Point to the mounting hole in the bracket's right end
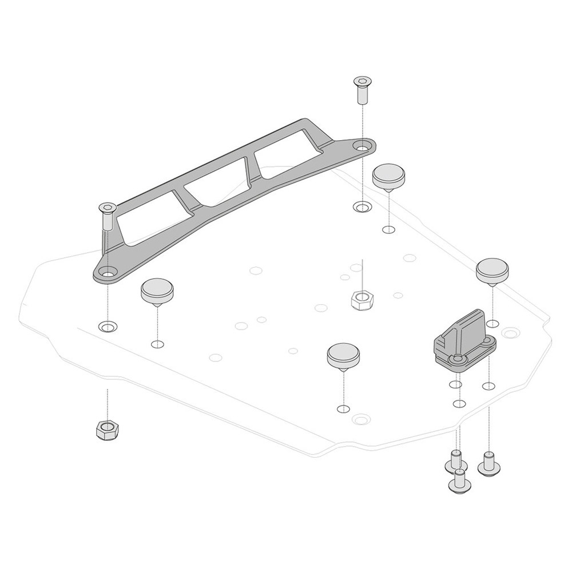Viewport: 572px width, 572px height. pos(363,147)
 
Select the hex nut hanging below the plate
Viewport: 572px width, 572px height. pos(107,429)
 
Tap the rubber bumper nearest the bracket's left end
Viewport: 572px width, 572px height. pos(156,292)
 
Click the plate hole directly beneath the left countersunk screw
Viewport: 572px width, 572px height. pos(108,327)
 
